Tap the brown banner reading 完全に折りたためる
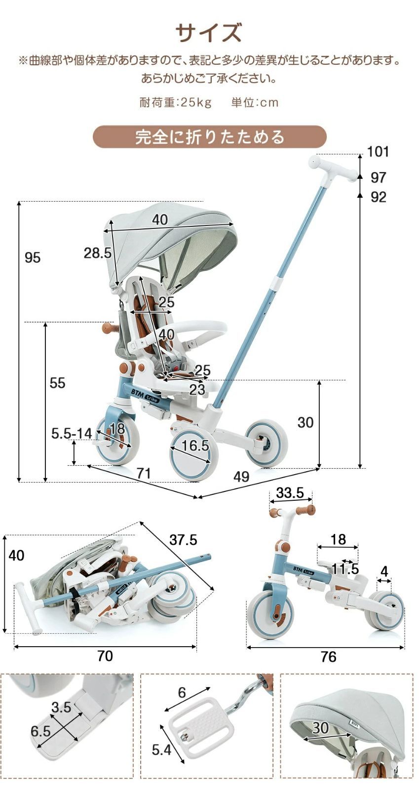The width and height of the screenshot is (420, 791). [x=210, y=137]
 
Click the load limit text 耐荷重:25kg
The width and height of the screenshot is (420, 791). [x=176, y=102]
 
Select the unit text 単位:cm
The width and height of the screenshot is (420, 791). [x=255, y=102]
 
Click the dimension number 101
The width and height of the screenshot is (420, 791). [x=378, y=152]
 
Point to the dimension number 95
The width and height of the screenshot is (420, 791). [x=33, y=258]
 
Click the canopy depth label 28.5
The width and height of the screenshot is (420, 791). [x=97, y=253]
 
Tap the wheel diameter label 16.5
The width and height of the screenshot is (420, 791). [x=195, y=446]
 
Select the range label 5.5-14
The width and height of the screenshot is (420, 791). [x=72, y=434]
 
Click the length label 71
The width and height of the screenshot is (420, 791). [x=144, y=474]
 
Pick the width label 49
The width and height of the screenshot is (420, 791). [x=241, y=477]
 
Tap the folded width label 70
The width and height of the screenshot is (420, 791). [x=105, y=656]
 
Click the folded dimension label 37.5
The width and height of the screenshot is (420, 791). [x=183, y=540]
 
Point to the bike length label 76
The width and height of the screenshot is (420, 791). [x=328, y=657]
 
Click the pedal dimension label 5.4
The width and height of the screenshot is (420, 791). [x=161, y=750]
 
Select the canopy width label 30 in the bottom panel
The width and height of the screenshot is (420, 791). [x=320, y=728]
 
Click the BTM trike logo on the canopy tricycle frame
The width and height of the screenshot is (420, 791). [x=146, y=395]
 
